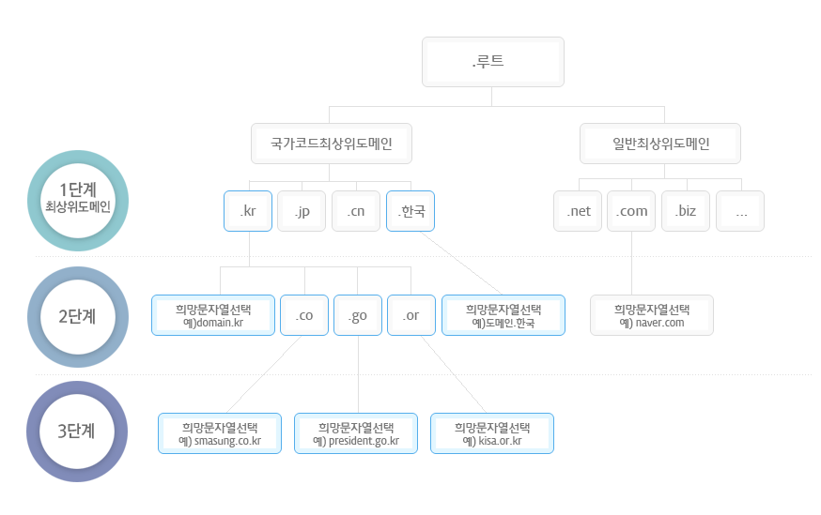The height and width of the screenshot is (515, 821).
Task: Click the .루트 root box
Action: (x=493, y=62)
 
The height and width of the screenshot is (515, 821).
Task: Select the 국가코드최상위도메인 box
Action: (x=332, y=144)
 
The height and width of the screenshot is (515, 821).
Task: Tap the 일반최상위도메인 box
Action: (x=660, y=144)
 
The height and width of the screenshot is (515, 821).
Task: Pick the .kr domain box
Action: (x=248, y=211)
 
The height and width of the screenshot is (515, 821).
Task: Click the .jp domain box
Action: (x=302, y=211)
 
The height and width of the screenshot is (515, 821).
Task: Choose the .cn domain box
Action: (x=356, y=211)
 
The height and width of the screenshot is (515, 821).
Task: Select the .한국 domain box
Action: (x=410, y=211)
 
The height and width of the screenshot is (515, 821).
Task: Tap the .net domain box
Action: (x=579, y=211)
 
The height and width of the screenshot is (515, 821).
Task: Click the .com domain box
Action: (x=631, y=211)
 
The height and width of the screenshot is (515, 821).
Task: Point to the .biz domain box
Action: (x=686, y=211)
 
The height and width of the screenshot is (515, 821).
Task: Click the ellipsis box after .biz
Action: (x=740, y=211)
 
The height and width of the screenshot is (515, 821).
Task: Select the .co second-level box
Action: (x=304, y=315)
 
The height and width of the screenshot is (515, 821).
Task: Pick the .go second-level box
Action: (x=358, y=315)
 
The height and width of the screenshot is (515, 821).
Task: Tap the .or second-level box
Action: (x=411, y=315)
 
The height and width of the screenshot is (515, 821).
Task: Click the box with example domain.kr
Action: (x=213, y=315)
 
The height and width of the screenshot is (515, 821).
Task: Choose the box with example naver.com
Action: (x=652, y=315)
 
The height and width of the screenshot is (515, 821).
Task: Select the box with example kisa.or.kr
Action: (x=492, y=433)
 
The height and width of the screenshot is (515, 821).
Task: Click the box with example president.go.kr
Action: (x=356, y=433)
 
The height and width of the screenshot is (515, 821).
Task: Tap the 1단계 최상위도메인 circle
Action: (x=78, y=201)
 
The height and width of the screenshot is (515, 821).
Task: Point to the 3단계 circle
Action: (x=77, y=432)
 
